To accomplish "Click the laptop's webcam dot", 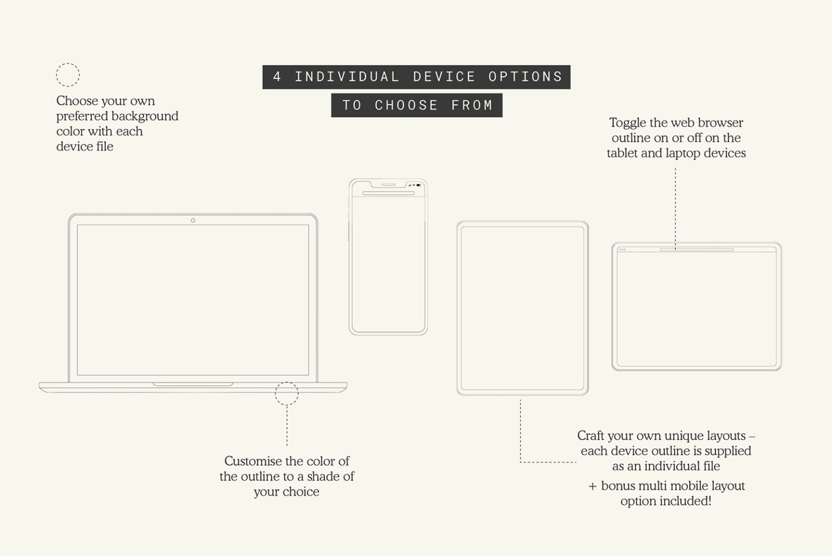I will [x=193, y=220].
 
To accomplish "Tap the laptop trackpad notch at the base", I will [x=193, y=384].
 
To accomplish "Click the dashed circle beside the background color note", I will [x=68, y=75].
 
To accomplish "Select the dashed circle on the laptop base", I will [x=287, y=394].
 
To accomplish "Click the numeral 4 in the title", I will [x=277, y=77].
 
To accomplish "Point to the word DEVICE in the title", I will [x=444, y=77].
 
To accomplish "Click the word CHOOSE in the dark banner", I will [x=406, y=105].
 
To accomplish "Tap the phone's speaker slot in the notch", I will [x=388, y=184].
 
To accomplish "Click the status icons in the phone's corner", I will [x=414, y=185].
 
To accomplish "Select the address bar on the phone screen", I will [x=388, y=193].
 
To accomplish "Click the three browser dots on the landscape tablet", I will [x=622, y=250].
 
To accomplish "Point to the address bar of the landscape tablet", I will [x=697, y=250].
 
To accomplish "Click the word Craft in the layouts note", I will [x=590, y=436].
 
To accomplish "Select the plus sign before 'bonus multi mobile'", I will [x=593, y=486].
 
